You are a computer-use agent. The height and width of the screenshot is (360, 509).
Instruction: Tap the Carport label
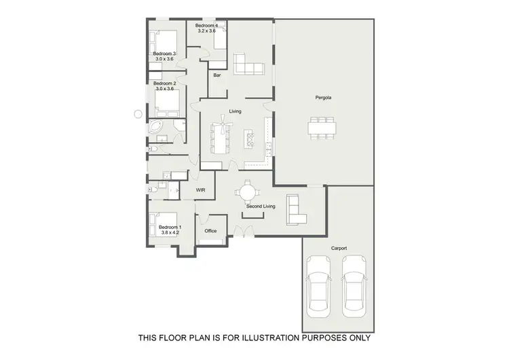339,248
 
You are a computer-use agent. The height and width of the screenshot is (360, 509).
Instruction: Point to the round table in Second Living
246,192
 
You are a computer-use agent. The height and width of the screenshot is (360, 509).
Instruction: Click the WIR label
201,191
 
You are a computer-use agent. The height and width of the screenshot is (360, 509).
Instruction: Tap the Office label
210,231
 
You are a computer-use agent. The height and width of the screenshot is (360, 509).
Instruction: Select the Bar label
217,75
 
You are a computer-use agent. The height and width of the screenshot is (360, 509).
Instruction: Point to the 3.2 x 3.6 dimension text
206,31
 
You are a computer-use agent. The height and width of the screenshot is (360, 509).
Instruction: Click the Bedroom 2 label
165,83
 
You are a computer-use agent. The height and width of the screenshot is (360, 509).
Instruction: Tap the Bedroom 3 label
164,54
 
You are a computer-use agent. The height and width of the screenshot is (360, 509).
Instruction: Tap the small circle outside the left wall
138,113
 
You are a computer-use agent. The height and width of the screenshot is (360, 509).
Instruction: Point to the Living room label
235,111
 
